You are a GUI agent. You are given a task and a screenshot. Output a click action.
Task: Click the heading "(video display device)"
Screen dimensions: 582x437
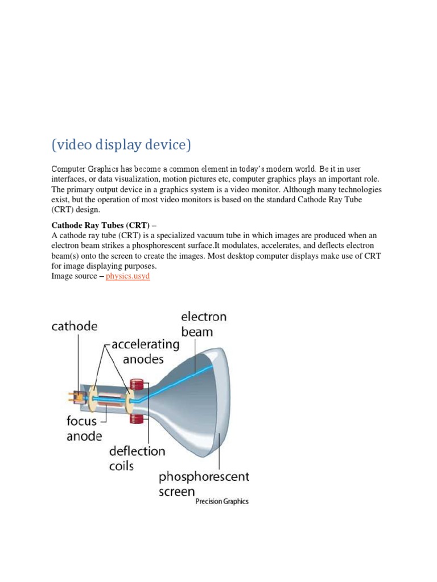pos(121,145)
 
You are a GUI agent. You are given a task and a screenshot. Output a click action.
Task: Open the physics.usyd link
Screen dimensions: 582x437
pos(128,276)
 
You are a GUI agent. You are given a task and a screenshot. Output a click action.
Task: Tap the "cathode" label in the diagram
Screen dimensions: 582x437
pos(75,327)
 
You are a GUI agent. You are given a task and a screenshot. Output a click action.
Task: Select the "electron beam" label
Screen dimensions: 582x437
pos(203,324)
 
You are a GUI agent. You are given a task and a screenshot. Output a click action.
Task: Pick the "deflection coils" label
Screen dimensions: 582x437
pos(138,458)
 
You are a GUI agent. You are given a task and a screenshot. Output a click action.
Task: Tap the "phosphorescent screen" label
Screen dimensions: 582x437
pos(204,483)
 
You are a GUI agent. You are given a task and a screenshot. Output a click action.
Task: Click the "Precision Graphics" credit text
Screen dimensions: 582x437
pos(221,502)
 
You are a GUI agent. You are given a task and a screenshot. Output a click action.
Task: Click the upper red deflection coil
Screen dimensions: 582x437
pos(136,384)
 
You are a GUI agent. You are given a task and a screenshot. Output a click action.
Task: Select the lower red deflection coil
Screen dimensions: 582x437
pos(136,419)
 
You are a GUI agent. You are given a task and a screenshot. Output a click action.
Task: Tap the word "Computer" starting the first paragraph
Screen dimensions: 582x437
pos(71,169)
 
